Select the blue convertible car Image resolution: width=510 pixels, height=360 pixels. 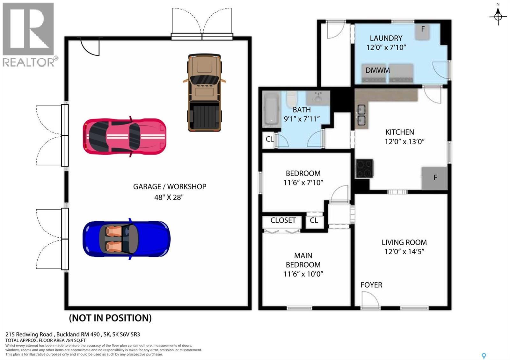pyautogui.click(x=126, y=239)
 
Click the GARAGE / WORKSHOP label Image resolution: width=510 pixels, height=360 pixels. pyautogui.click(x=170, y=187)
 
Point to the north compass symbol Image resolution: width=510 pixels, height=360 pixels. pyautogui.click(x=498, y=15)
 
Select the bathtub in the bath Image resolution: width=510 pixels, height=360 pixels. pyautogui.click(x=271, y=110)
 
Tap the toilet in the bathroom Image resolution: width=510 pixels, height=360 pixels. pyautogui.click(x=291, y=99)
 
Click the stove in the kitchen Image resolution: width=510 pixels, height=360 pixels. pyautogui.click(x=364, y=168)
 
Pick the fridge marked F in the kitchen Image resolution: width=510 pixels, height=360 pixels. pyautogui.click(x=434, y=178)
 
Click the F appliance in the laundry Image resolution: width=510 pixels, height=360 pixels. pyautogui.click(x=423, y=31)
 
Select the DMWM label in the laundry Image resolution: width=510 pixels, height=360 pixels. pyautogui.click(x=377, y=70)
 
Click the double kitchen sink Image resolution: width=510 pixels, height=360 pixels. pyautogui.click(x=361, y=115)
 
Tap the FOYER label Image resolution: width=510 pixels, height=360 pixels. pyautogui.click(x=371, y=285)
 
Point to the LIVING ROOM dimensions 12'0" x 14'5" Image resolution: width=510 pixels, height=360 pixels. pyautogui.click(x=404, y=252)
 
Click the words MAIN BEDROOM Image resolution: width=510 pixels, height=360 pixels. pyautogui.click(x=303, y=260)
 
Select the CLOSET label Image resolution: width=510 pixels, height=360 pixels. pyautogui.click(x=283, y=220)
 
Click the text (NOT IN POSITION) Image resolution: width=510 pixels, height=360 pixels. pyautogui.click(x=110, y=318)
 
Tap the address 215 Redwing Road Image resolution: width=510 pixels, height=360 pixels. pyautogui.click(x=29, y=335)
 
